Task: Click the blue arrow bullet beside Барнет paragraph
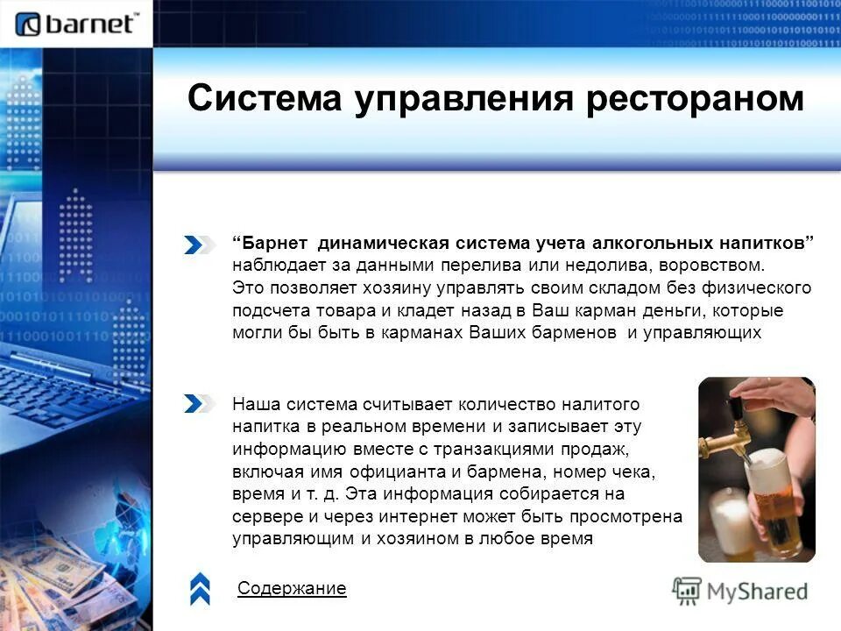click(x=199, y=245)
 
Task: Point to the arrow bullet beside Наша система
click(x=199, y=404)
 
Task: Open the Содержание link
click(x=292, y=589)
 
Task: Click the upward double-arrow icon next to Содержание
click(x=200, y=589)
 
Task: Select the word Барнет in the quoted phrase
click(x=275, y=241)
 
